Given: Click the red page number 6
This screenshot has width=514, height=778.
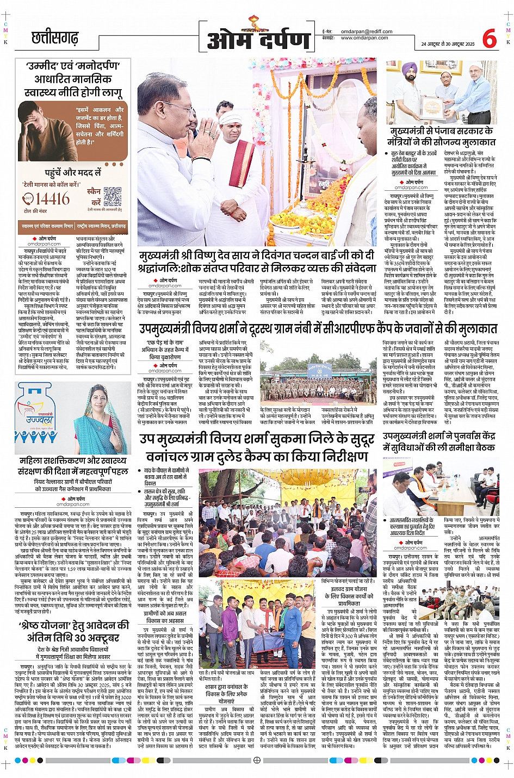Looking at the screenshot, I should (489, 39).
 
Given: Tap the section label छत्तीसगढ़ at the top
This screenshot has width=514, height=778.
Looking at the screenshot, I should (55, 38).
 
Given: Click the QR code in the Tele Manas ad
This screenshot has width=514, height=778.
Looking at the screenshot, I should (112, 196).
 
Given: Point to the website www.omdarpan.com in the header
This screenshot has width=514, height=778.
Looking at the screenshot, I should (364, 38).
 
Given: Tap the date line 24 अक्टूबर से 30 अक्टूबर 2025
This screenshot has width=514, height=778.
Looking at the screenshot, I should (448, 44).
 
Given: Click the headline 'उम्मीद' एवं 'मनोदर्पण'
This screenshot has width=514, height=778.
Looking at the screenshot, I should (73, 66).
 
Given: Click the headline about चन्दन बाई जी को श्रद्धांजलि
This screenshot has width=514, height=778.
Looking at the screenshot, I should (257, 261).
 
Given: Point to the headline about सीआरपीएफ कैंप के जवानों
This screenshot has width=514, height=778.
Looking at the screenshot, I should (318, 328).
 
